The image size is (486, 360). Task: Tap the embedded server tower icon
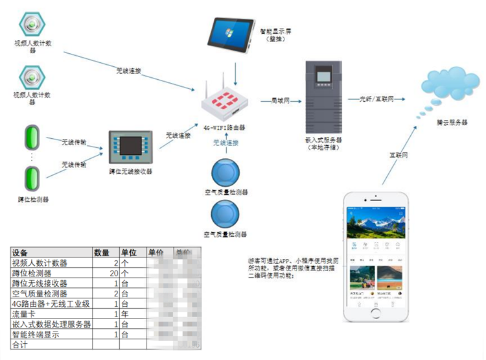(x=324, y=95)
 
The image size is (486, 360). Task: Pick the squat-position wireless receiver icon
(x=130, y=149)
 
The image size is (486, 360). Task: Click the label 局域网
(x=281, y=101)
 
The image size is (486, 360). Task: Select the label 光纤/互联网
(x=375, y=99)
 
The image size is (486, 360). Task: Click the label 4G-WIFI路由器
(x=224, y=127)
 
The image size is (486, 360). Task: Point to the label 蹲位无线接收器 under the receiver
(x=130, y=171)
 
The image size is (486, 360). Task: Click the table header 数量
(x=102, y=252)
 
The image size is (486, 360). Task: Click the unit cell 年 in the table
(x=125, y=314)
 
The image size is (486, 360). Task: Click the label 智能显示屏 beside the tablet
(x=275, y=30)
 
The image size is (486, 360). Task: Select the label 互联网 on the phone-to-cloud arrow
(x=398, y=156)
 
